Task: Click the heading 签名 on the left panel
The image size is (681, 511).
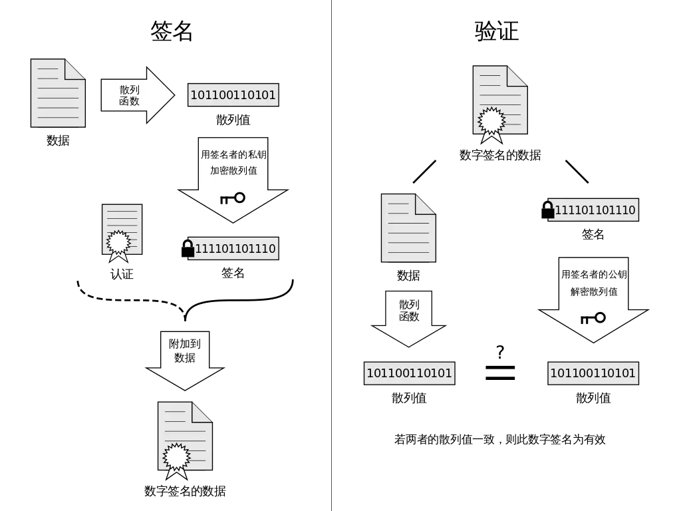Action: click(x=172, y=31)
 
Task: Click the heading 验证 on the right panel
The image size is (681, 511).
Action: click(x=496, y=31)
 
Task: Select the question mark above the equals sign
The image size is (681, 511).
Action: click(x=500, y=351)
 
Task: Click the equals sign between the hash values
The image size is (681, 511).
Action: click(x=500, y=373)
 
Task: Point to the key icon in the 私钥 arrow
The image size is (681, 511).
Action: click(x=232, y=198)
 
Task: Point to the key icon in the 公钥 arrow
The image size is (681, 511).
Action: click(x=593, y=318)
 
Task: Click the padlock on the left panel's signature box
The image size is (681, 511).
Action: click(x=188, y=248)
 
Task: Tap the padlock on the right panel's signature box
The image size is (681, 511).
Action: click(x=547, y=210)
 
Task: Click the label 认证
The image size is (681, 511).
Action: click(x=122, y=273)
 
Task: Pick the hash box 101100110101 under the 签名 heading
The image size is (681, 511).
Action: click(x=233, y=95)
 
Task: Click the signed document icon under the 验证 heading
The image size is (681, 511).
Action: click(x=500, y=103)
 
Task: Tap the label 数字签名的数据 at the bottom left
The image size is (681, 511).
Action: click(x=185, y=491)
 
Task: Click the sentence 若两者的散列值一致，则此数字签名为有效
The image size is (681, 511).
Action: click(x=499, y=439)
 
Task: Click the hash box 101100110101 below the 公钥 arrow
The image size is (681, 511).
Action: click(x=593, y=373)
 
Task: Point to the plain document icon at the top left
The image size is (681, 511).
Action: click(x=58, y=93)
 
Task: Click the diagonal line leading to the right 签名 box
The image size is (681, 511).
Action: click(x=577, y=172)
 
